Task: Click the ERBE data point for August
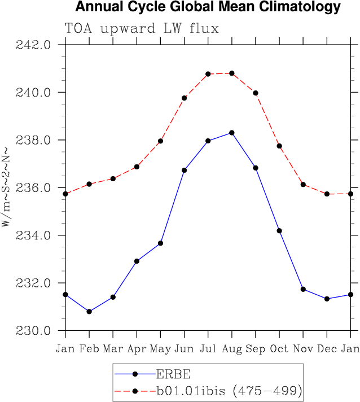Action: pos(232,133)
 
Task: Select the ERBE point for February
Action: pos(89,312)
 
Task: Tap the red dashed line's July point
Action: pos(208,74)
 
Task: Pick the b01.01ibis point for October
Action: pos(279,146)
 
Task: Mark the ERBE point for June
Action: pos(185,170)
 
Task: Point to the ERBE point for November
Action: pos(303,289)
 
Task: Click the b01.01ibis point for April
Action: pos(137,167)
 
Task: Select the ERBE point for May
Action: pos(161,243)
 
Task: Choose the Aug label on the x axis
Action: pos(232,349)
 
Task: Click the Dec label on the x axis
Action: pos(327,349)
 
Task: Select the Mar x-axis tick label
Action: pos(113,349)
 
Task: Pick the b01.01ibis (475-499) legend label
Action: pos(230,390)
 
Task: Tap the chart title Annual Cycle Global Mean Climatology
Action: pos(208,7)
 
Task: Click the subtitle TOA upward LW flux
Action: pos(142,28)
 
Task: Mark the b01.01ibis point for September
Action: pos(256,93)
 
